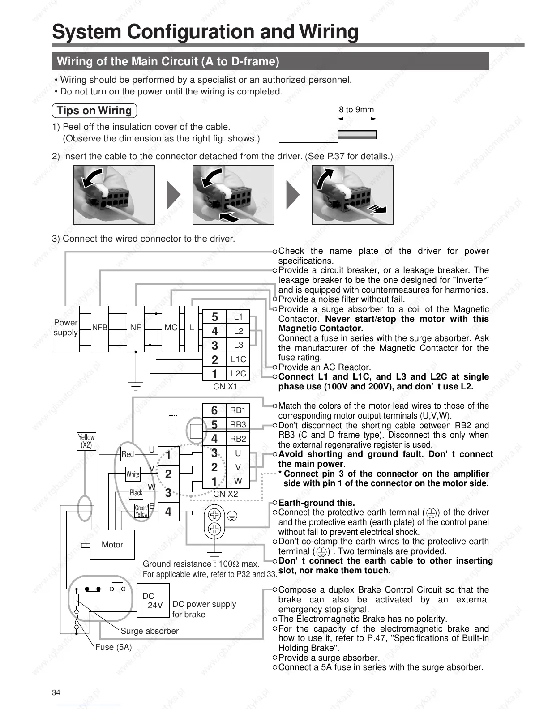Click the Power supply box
click(x=65, y=328)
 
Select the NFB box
click(x=100, y=328)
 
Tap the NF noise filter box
click(x=135, y=328)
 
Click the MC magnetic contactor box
click(x=171, y=328)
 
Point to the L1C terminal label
click(x=238, y=359)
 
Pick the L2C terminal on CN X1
click(x=238, y=374)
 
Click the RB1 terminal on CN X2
click(x=238, y=410)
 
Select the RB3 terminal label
click(x=238, y=425)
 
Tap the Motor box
click(x=112, y=544)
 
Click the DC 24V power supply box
click(x=153, y=601)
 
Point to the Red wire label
click(x=128, y=454)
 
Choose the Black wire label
click(x=136, y=493)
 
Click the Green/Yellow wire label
click(x=141, y=511)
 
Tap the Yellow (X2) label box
click(x=86, y=441)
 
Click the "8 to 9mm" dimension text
click(x=356, y=110)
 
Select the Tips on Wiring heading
click(x=94, y=111)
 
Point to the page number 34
click(x=56, y=693)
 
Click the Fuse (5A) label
click(x=113, y=647)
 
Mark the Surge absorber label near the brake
click(x=150, y=631)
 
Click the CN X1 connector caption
click(x=225, y=386)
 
